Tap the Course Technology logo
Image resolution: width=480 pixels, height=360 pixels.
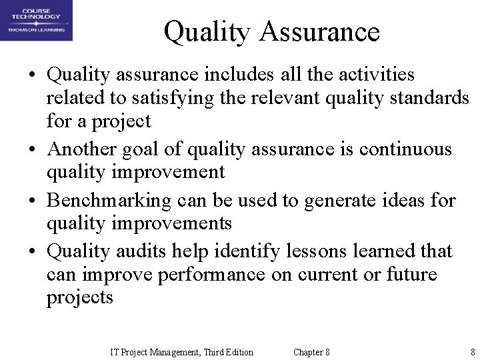(x=37, y=21)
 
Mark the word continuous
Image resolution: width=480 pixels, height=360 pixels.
(x=405, y=148)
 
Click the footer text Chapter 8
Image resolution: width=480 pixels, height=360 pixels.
(x=311, y=352)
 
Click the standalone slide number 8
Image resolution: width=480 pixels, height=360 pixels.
(x=472, y=352)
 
